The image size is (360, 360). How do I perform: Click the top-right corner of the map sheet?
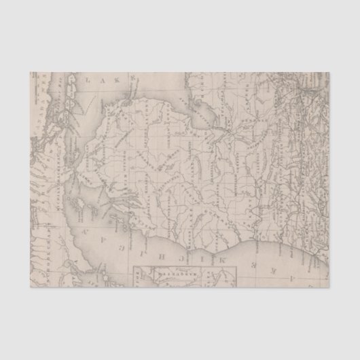tap(330, 72)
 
